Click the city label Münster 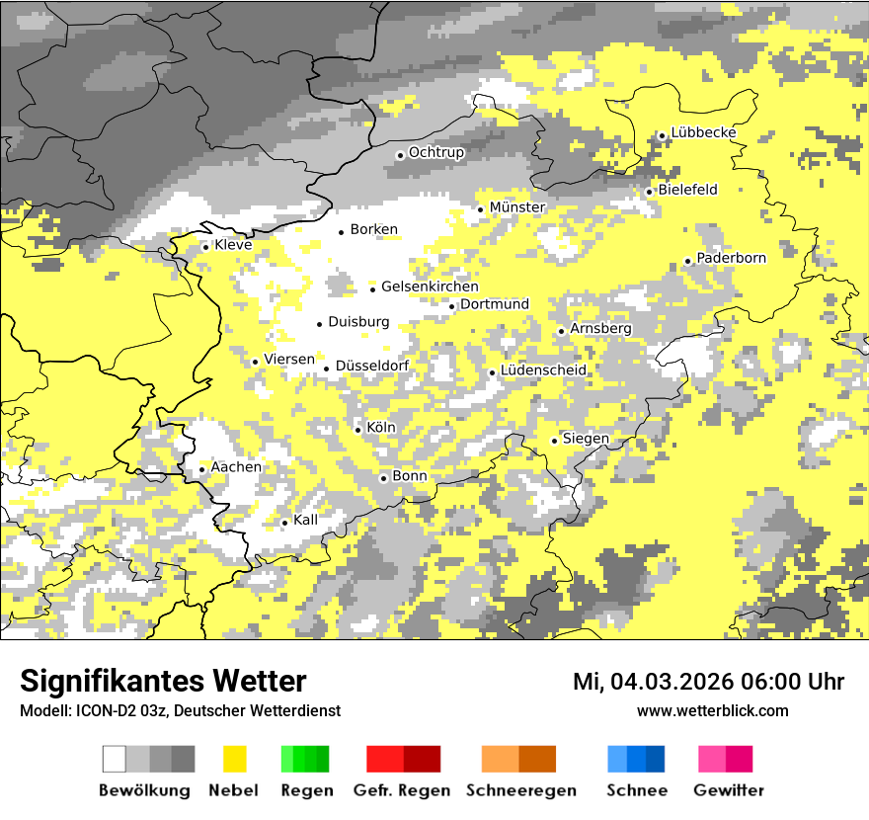pyautogui.click(x=517, y=207)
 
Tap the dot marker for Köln pyautogui.click(x=357, y=430)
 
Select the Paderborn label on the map pyautogui.click(x=731, y=259)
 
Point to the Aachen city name pyautogui.click(x=236, y=467)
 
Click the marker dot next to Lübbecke pyautogui.click(x=662, y=135)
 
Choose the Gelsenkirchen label pyautogui.click(x=430, y=287)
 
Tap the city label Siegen pyautogui.click(x=585, y=439)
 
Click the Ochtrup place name pyautogui.click(x=435, y=153)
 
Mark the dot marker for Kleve pyautogui.click(x=205, y=247)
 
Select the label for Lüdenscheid pyautogui.click(x=543, y=370)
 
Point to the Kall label pyautogui.click(x=305, y=520)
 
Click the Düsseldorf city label pyautogui.click(x=371, y=367)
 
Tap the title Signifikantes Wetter pyautogui.click(x=163, y=681)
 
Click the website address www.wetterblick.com pyautogui.click(x=712, y=710)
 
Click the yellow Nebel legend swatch pyautogui.click(x=235, y=759)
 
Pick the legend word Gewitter pyautogui.click(x=729, y=790)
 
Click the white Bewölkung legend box pyautogui.click(x=115, y=759)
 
